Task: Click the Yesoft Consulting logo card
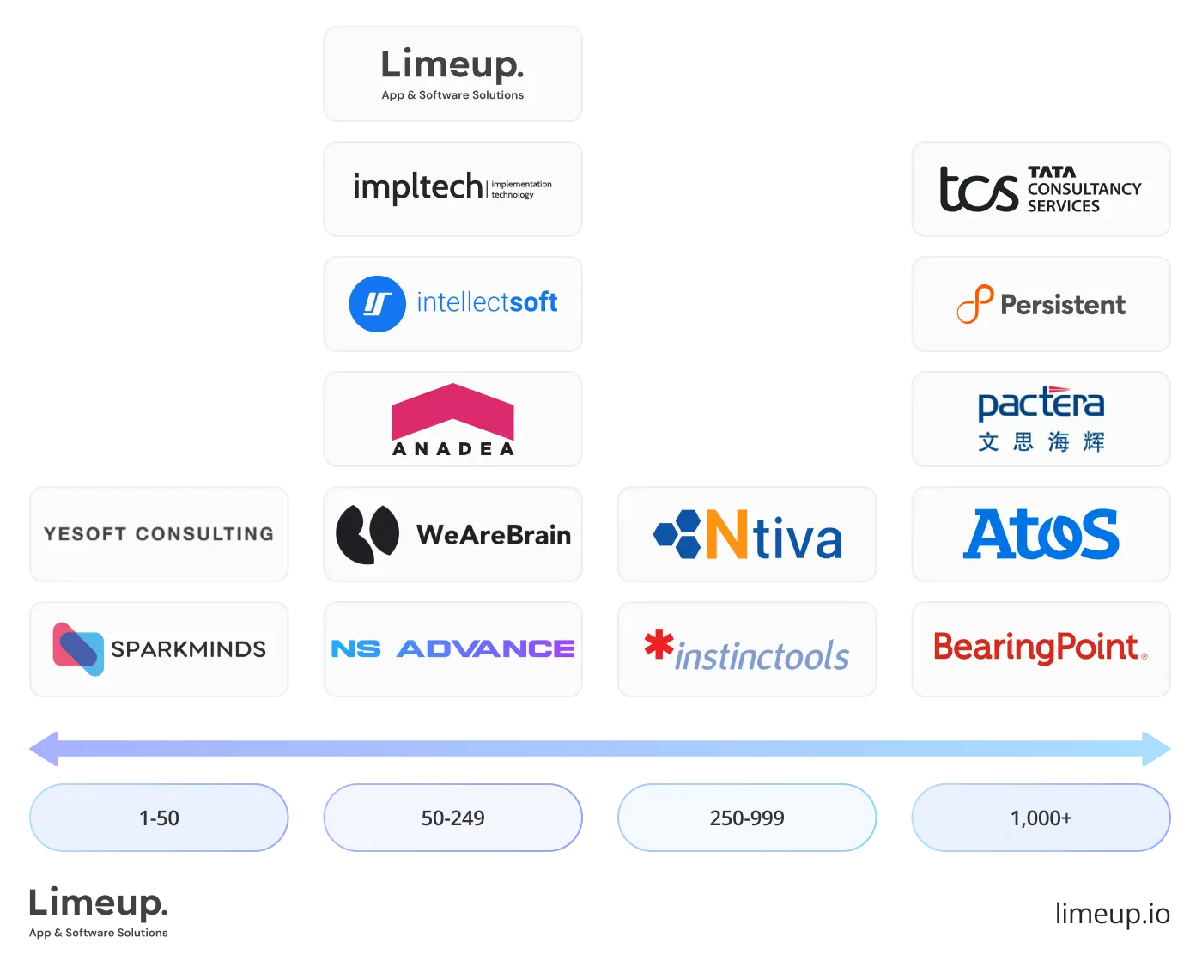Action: click(159, 533)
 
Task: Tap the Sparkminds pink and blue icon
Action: click(77, 648)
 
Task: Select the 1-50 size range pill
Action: click(159, 818)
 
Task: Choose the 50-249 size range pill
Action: click(452, 818)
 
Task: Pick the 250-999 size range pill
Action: click(747, 818)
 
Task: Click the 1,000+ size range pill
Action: click(1041, 818)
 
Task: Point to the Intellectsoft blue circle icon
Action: click(377, 304)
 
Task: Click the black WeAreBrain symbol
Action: click(367, 534)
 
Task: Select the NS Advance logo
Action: click(452, 648)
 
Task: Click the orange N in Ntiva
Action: click(725, 535)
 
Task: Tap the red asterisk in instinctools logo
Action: click(659, 644)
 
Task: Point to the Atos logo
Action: click(1041, 534)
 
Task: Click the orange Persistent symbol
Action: click(974, 304)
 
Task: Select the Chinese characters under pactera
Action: click(1041, 442)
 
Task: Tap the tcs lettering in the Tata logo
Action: click(978, 189)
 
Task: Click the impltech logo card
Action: click(452, 188)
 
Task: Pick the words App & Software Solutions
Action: click(452, 95)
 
